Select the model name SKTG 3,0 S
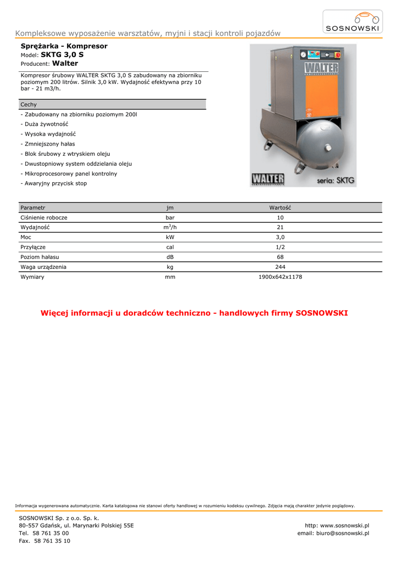62,55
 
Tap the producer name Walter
65,64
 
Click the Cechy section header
29,104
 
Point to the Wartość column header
280,208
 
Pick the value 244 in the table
280,267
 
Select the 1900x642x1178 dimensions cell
280,277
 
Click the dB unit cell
170,257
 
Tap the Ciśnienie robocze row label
44,218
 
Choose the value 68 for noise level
280,257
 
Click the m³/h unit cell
170,227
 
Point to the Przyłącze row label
33,248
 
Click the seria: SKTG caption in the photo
335,179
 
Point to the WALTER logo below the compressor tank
268,179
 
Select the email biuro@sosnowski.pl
333,533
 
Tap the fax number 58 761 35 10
51,541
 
